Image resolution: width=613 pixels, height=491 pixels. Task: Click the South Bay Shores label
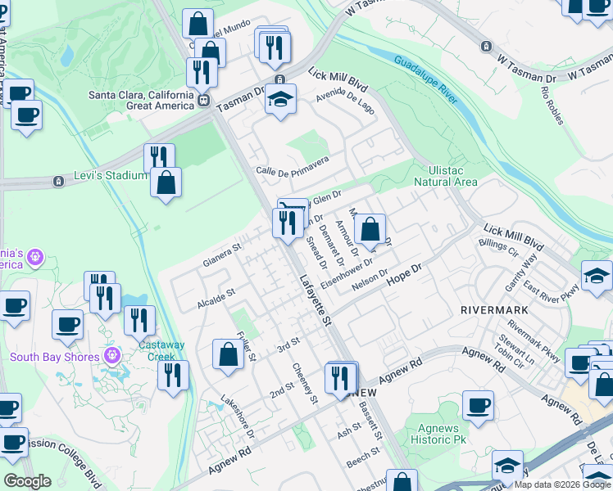[x=54, y=357]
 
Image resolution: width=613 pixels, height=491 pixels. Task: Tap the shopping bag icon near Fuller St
[x=228, y=354]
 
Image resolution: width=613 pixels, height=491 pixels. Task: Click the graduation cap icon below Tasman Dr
[x=280, y=100]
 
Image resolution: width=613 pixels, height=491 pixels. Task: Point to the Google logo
[x=27, y=481]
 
